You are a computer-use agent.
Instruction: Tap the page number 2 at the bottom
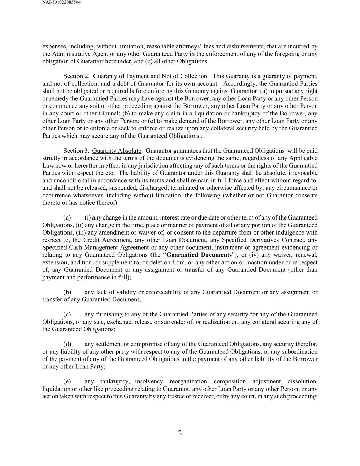pyautogui.click(x=180, y=433)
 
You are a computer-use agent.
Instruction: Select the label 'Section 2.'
pyautogui.click(x=76, y=76)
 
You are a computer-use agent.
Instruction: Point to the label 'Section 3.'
pyautogui.click(x=76, y=151)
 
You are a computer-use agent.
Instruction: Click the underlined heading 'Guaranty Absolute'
pyautogui.click(x=116, y=151)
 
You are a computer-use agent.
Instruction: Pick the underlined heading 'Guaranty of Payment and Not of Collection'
pyautogui.click(x=150, y=76)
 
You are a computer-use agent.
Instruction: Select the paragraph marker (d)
pyautogui.click(x=67, y=344)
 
